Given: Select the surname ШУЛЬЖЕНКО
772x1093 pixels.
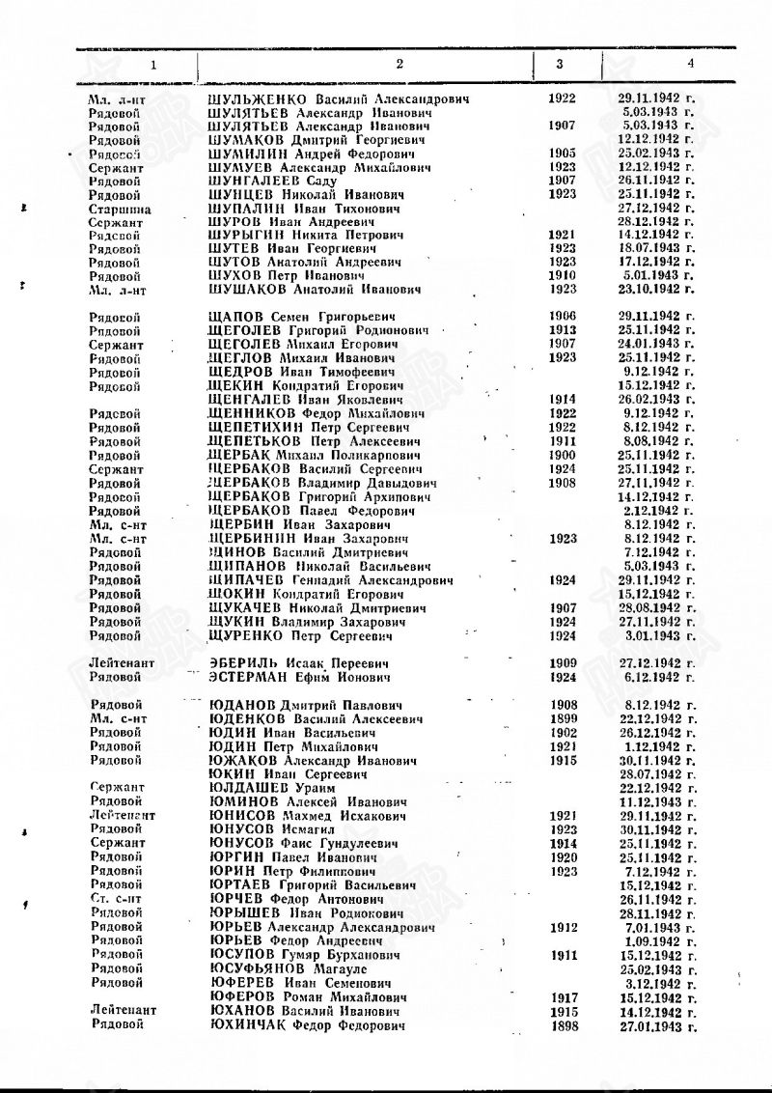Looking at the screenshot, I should [257, 99].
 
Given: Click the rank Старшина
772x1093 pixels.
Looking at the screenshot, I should [116, 209].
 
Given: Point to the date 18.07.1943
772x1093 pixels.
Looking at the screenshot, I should [655, 248].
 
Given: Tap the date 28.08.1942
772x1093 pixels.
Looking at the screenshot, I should [655, 608].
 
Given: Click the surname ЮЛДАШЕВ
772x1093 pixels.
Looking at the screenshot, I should [250, 788].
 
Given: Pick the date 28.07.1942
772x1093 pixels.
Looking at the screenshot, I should [655, 774].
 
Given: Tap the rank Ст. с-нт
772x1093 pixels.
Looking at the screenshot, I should [115, 899].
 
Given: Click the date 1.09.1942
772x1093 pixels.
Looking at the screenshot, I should [659, 940].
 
